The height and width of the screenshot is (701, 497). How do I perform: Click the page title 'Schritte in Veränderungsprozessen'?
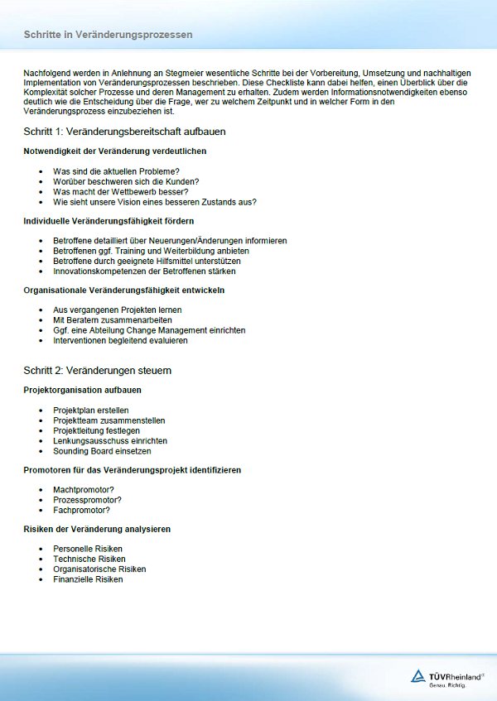(108, 35)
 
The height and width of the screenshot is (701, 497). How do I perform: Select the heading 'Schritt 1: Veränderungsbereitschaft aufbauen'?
(125, 132)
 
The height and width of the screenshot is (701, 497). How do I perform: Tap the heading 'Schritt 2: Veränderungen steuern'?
(98, 370)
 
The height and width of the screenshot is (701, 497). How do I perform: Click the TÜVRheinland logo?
(448, 677)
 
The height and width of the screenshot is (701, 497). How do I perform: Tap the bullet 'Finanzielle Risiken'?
(88, 579)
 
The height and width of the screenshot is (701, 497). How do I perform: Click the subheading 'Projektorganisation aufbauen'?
(82, 390)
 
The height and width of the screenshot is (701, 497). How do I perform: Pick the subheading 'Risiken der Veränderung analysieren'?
(97, 529)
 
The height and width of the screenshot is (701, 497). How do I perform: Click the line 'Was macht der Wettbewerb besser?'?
(120, 191)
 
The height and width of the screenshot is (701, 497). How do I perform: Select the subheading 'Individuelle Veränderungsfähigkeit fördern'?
(109, 221)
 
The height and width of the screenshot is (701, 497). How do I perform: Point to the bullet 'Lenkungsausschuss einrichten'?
(109, 441)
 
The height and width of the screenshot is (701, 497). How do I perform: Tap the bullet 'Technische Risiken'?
(89, 559)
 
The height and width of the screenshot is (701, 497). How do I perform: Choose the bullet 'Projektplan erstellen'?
(91, 411)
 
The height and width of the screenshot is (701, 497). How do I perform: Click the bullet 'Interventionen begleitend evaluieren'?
(120, 340)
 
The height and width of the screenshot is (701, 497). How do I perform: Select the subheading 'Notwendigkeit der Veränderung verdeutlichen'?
(115, 151)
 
